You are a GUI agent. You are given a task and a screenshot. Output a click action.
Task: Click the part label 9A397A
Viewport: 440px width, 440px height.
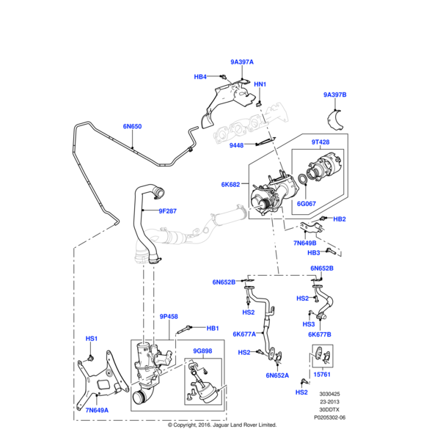242,62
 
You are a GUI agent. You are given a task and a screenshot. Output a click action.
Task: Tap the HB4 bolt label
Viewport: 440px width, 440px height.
200,77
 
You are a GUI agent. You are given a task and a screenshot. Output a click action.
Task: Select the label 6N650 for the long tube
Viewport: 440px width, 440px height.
132,127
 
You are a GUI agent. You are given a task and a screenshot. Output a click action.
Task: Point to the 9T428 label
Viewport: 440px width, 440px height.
320,142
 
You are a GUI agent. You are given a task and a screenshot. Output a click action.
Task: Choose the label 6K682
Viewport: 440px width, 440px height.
231,185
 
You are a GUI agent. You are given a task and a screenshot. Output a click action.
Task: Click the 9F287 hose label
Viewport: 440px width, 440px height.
167,211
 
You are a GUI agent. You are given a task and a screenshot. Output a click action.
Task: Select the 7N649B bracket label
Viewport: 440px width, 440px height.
305,243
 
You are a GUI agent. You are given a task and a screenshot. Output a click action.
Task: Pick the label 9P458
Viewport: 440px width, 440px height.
169,317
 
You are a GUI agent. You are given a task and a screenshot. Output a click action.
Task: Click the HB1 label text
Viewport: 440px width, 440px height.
213,329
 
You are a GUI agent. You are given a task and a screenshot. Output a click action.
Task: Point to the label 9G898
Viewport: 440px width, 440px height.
202,351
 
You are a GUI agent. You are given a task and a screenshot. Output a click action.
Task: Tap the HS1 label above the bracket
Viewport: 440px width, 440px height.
92,339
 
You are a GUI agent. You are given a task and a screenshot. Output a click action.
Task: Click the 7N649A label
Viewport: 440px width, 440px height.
97,410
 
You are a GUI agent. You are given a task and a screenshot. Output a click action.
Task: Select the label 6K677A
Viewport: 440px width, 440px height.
244,334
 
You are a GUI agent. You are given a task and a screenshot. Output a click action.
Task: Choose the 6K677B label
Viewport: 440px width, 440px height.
320,334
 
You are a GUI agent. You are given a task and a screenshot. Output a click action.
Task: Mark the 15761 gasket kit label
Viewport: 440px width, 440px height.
322,375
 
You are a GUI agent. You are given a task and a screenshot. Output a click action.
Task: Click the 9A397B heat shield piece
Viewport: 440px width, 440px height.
334,120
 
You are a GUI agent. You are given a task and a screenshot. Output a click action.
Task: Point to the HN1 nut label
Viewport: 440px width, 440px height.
260,84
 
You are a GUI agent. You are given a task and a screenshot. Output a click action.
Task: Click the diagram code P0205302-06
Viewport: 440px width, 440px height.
330,417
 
